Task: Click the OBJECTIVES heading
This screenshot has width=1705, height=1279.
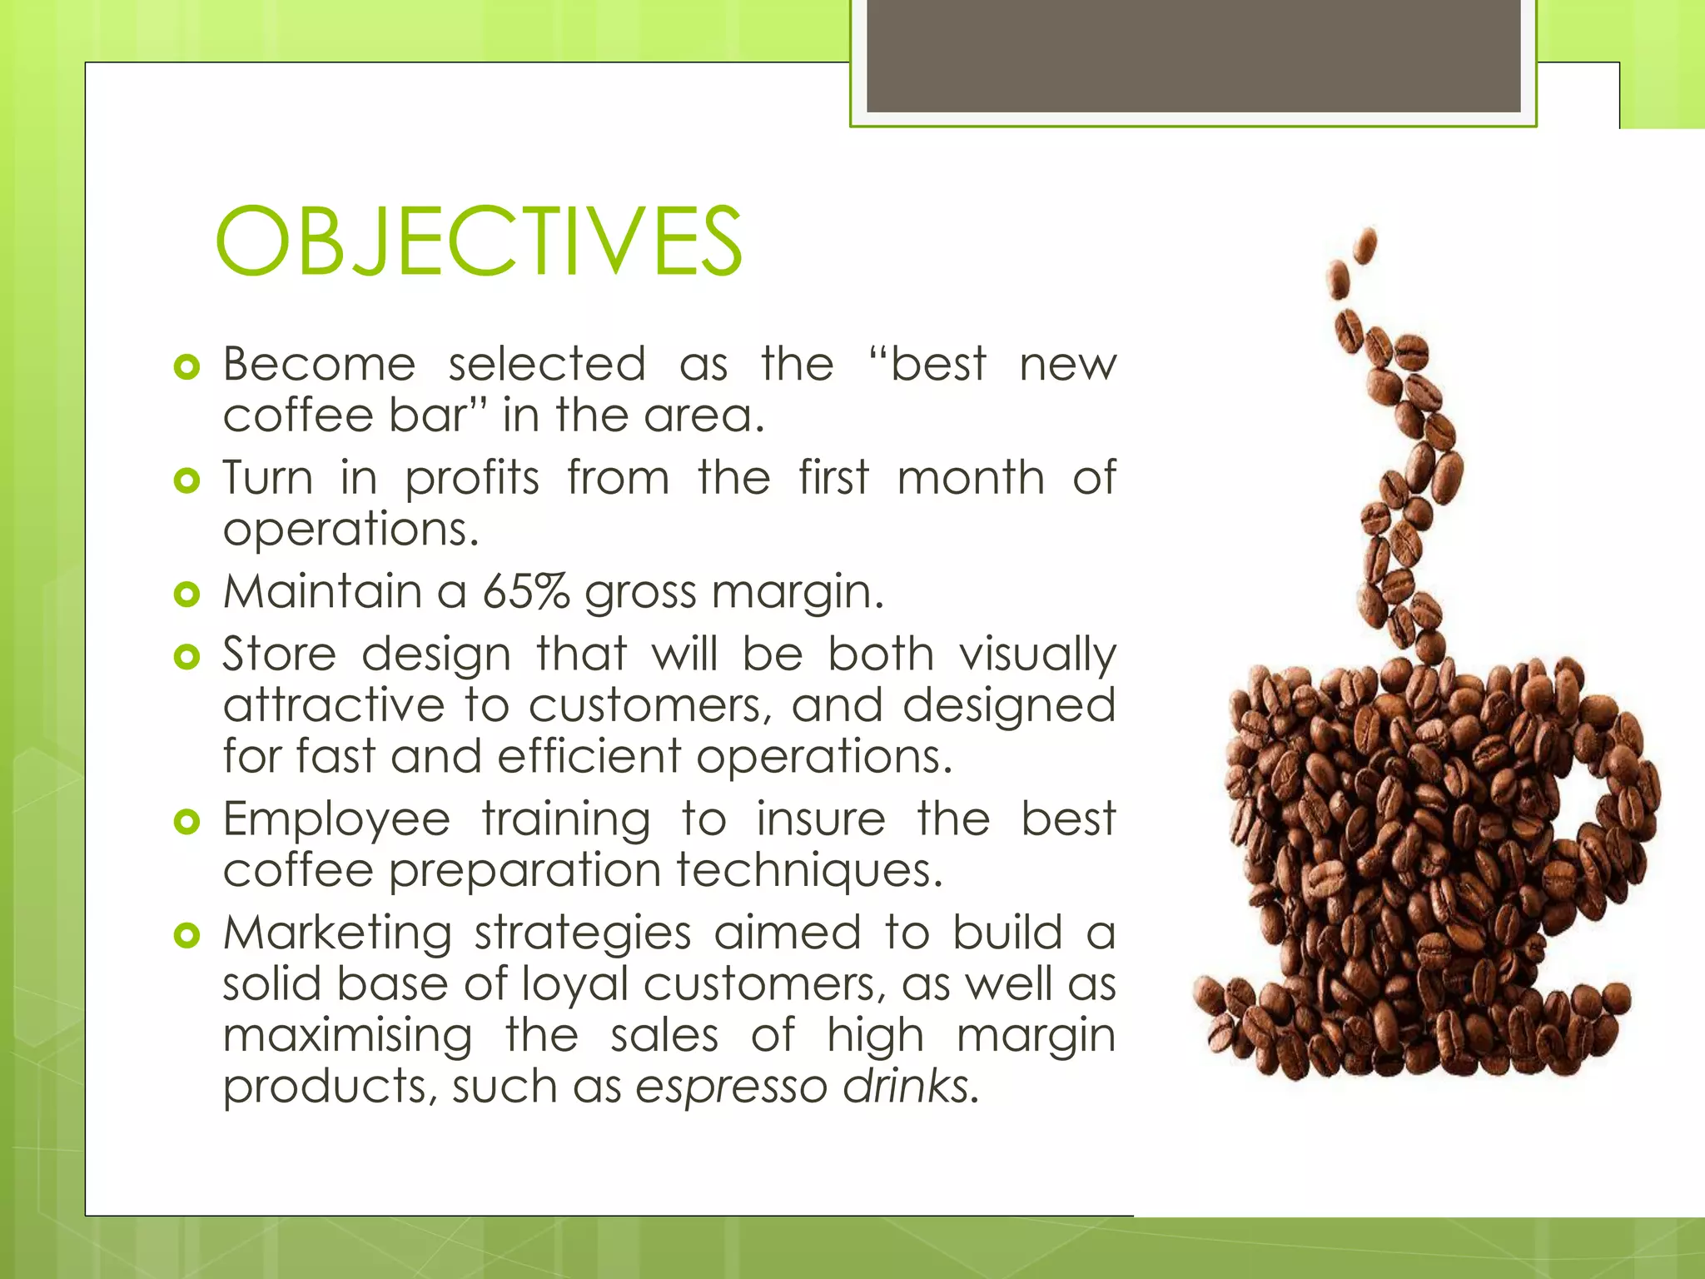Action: pos(478,241)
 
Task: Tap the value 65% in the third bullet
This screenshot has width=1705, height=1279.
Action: pos(525,592)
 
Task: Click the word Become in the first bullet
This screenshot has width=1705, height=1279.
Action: pos(319,365)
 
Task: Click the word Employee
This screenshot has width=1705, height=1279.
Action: pos(336,820)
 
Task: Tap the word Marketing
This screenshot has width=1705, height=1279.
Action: pos(337,933)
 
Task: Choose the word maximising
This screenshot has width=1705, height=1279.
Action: pos(347,1036)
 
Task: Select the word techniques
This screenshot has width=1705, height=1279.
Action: pos(808,870)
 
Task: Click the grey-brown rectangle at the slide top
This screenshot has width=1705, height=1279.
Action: pos(1193,55)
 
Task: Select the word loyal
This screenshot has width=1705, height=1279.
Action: pos(574,985)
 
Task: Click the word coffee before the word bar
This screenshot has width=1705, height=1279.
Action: pos(297,416)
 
